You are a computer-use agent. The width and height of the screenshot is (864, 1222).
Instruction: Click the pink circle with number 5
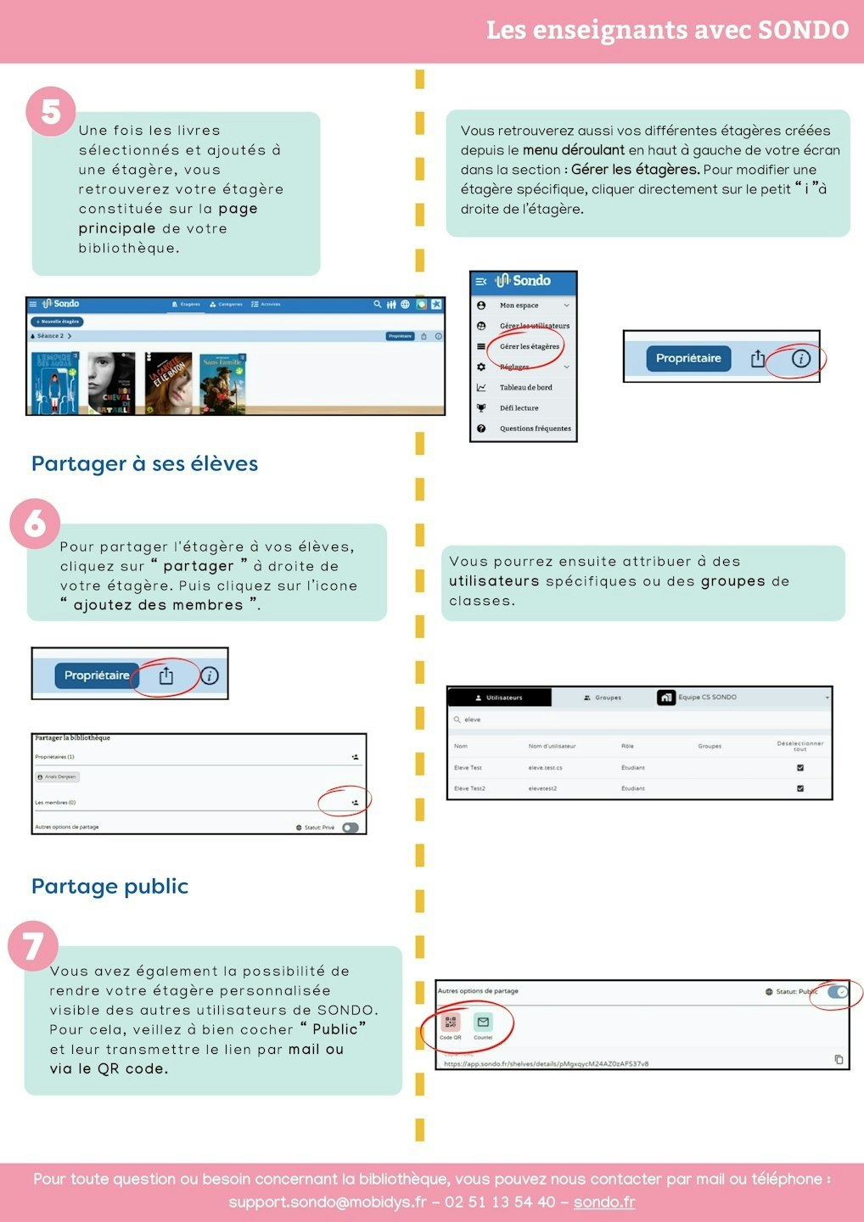pyautogui.click(x=51, y=111)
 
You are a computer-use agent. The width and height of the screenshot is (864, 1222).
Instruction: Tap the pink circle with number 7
pyautogui.click(x=33, y=946)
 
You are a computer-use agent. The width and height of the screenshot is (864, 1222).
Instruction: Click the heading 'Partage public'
pyautogui.click(x=109, y=886)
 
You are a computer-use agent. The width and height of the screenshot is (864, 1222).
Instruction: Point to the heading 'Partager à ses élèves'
pyautogui.click(x=144, y=463)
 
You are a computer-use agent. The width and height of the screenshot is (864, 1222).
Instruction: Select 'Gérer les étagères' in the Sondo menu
pyautogui.click(x=529, y=346)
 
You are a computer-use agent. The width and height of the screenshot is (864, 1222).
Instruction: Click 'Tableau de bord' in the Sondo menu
pyautogui.click(x=525, y=388)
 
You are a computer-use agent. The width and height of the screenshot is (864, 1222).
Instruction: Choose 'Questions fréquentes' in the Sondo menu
pyautogui.click(x=535, y=429)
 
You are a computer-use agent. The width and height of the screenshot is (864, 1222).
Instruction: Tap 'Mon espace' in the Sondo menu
pyautogui.click(x=519, y=305)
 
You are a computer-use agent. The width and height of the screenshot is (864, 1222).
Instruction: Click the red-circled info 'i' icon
pyautogui.click(x=800, y=359)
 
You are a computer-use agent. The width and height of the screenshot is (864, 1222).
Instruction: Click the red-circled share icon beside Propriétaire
pyautogui.click(x=166, y=675)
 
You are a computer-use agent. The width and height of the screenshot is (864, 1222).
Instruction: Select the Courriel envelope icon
pyautogui.click(x=483, y=1023)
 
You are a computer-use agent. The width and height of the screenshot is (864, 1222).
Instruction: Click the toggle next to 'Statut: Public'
pyautogui.click(x=837, y=991)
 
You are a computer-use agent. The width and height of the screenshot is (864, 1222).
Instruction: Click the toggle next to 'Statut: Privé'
pyautogui.click(x=351, y=827)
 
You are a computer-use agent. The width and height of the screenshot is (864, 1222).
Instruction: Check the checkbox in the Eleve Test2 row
pyautogui.click(x=799, y=788)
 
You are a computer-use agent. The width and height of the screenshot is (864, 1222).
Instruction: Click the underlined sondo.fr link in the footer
pyautogui.click(x=604, y=1202)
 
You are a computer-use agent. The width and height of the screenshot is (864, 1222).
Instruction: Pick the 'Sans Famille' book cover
pyautogui.click(x=222, y=384)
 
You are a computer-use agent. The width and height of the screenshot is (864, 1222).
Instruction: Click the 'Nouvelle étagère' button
pyautogui.click(x=57, y=322)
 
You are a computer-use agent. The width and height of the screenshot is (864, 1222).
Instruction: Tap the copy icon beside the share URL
pyautogui.click(x=839, y=1059)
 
